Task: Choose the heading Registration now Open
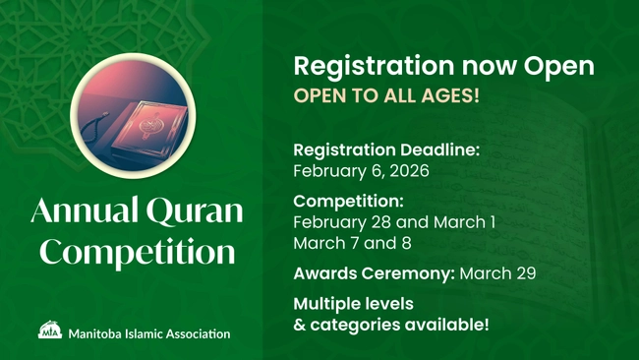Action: click(443, 66)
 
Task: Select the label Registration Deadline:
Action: click(386, 150)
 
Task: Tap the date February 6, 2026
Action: click(362, 171)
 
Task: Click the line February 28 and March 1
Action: click(394, 222)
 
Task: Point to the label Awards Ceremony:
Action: click(373, 273)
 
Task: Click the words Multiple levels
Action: click(353, 303)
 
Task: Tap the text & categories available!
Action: click(390, 324)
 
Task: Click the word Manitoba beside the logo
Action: click(95, 333)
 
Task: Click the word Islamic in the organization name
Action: click(144, 333)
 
